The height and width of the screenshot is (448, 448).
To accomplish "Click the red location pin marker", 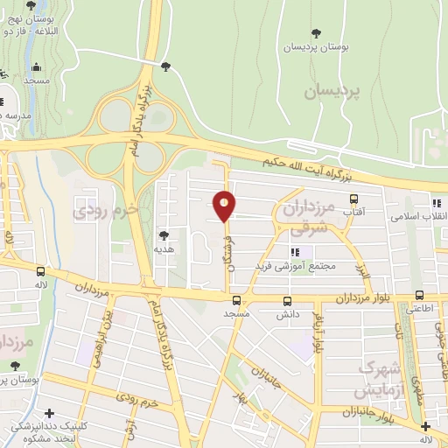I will pyautogui.click(x=225, y=206).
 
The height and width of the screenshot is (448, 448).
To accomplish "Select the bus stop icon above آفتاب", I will pyautogui.click(x=353, y=199).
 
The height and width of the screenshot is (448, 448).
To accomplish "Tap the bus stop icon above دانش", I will pyautogui.click(x=287, y=300).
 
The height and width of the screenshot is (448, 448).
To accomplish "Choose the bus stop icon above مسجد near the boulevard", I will pyautogui.click(x=235, y=299).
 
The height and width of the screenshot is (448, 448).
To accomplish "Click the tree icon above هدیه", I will pyautogui.click(x=164, y=234).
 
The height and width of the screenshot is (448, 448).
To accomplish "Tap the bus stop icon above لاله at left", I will pyautogui.click(x=41, y=271).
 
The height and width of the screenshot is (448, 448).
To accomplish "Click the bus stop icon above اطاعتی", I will pyautogui.click(x=420, y=295).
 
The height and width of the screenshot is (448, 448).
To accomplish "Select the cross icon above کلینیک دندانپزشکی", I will pyautogui.click(x=49, y=412).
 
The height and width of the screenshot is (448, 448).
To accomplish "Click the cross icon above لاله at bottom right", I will pyautogui.click(x=425, y=427).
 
